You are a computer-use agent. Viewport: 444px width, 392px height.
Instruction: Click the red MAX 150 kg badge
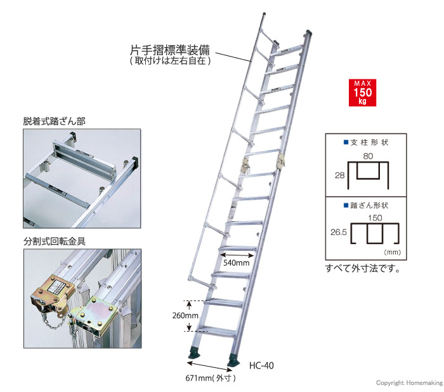(x=361, y=93)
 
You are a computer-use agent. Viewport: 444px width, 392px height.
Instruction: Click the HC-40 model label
(x=261, y=365)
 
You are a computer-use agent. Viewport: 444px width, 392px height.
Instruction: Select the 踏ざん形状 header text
(x=367, y=205)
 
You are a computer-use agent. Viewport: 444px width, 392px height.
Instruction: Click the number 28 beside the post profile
(x=339, y=173)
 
